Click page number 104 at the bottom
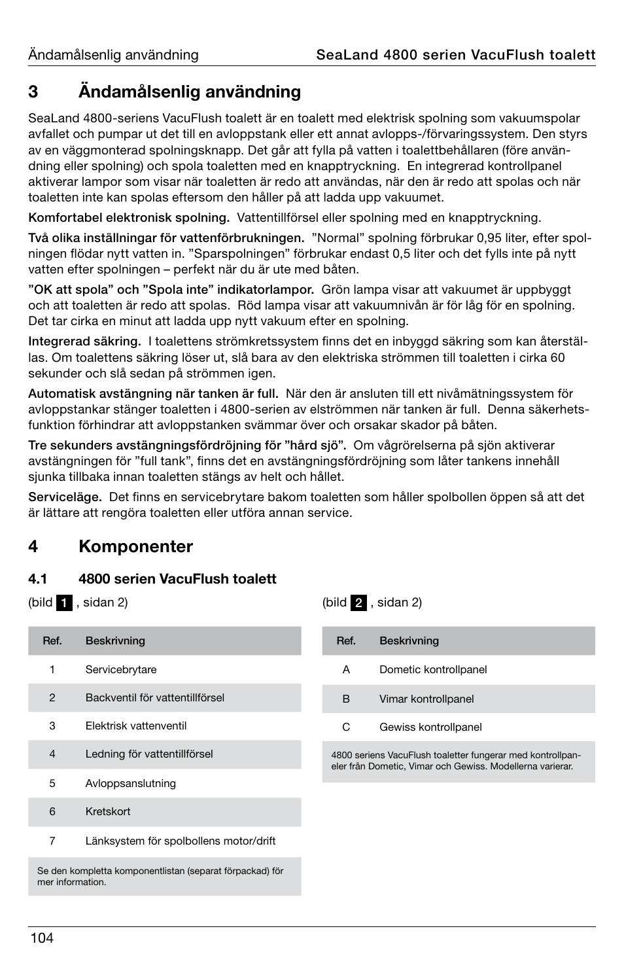(x=41, y=938)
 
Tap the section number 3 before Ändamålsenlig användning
(x=33, y=92)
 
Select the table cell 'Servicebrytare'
(x=121, y=669)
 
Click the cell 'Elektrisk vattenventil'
(x=136, y=726)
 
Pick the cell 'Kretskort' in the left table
(x=108, y=811)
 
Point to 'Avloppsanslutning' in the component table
(x=131, y=783)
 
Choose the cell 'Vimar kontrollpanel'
(x=426, y=699)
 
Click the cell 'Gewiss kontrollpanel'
(x=430, y=727)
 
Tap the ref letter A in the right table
(x=346, y=669)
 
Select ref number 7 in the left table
(x=52, y=841)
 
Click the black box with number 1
(x=64, y=603)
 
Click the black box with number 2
(x=358, y=603)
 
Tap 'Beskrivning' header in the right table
(x=409, y=640)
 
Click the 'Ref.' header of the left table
(x=52, y=640)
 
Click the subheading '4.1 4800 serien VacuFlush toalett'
(x=152, y=578)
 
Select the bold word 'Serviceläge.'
(x=65, y=497)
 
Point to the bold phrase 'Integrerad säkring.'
(x=84, y=341)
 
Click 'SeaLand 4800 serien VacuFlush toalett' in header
(x=455, y=55)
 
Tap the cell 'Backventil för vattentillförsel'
(x=155, y=697)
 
